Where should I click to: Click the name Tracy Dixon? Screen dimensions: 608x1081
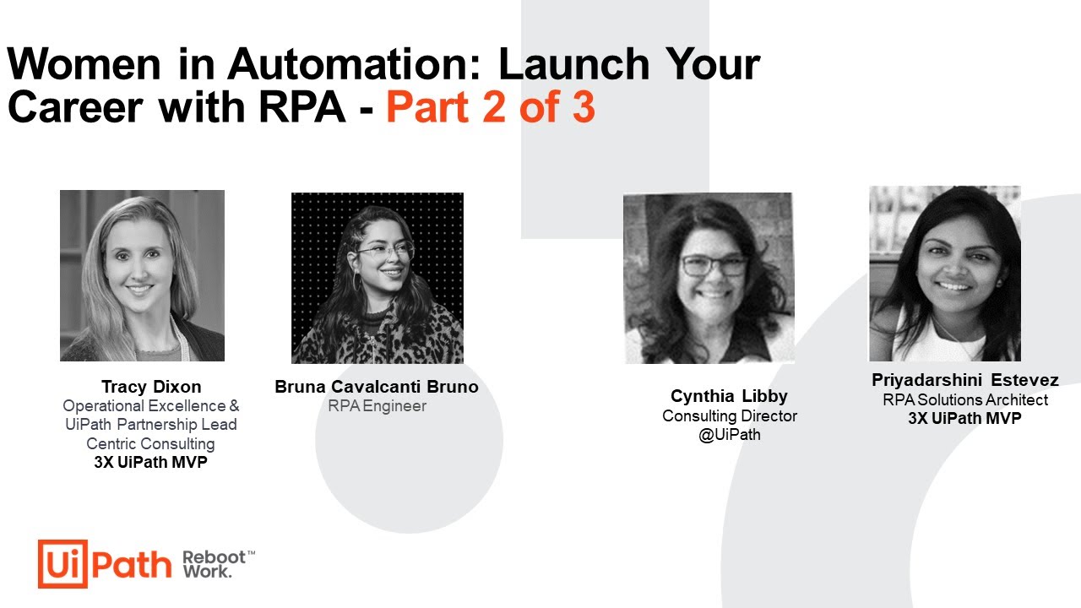pos(151,387)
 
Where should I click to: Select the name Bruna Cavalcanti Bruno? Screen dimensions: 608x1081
pos(377,387)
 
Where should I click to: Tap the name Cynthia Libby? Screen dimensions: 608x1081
pos(729,396)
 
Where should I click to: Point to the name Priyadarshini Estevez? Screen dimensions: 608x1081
pos(964,380)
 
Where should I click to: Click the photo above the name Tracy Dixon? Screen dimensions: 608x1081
pos(142,275)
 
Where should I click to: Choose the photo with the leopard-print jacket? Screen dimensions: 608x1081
pos(377,278)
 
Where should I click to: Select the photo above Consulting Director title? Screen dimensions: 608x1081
pos(709,278)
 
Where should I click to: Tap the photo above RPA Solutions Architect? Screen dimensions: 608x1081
pos(944,274)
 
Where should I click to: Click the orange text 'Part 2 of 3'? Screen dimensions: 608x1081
pos(491,108)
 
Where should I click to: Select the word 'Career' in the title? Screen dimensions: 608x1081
pos(76,108)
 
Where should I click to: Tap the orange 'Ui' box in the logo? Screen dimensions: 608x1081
pos(62,564)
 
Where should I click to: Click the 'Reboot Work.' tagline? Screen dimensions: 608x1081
pos(218,564)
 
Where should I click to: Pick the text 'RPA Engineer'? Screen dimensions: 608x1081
pos(377,406)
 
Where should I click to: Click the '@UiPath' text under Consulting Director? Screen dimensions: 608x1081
pos(729,436)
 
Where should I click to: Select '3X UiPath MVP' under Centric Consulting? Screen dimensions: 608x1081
pos(150,463)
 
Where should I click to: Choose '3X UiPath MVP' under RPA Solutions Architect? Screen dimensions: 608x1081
pos(964,419)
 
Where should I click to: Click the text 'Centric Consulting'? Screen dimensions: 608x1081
pos(150,443)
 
